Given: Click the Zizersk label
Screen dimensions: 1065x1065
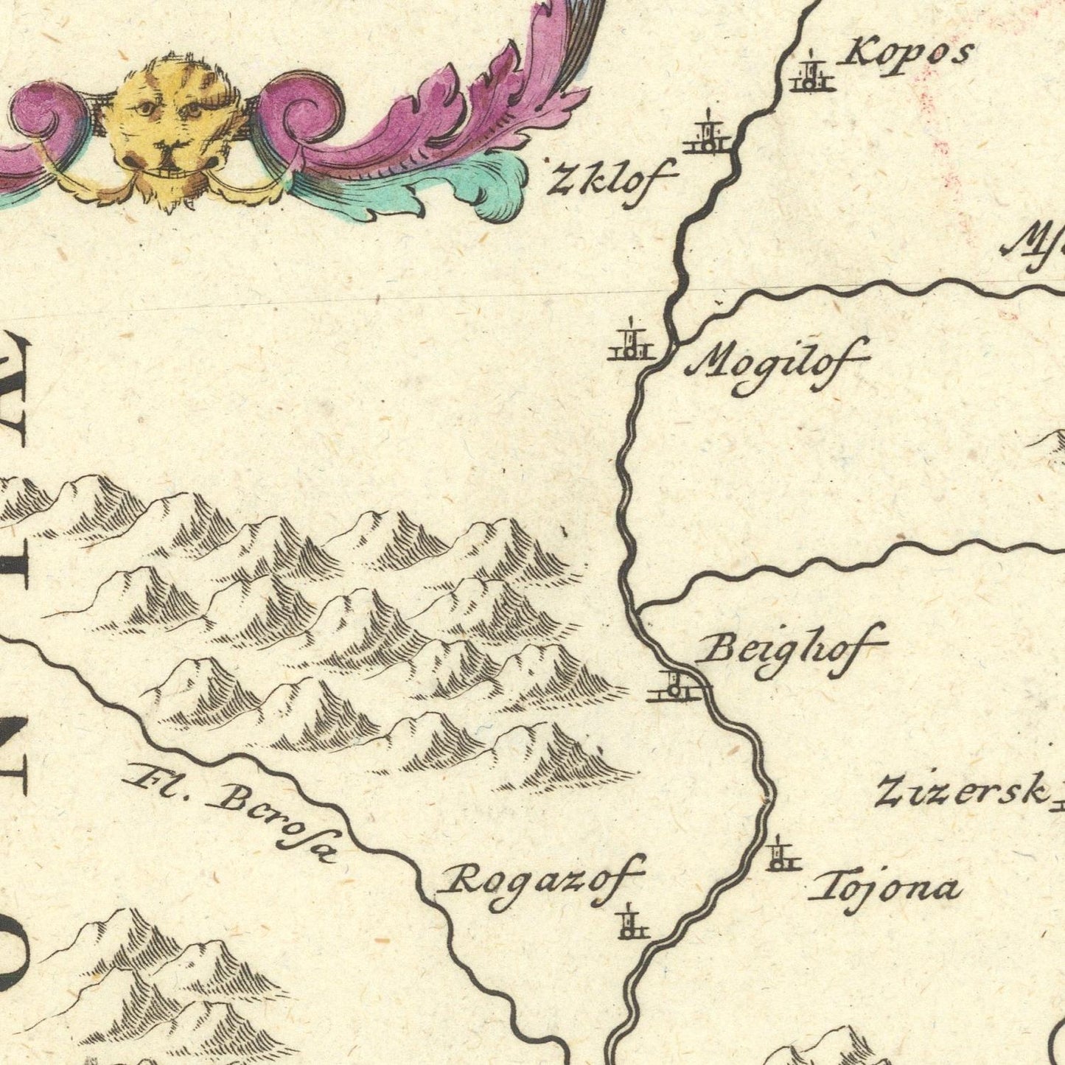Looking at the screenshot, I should pyautogui.click(x=963, y=791).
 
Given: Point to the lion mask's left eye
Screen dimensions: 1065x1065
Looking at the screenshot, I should pyautogui.click(x=145, y=108).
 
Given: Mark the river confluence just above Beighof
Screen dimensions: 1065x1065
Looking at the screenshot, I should pyautogui.click(x=635, y=609).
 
